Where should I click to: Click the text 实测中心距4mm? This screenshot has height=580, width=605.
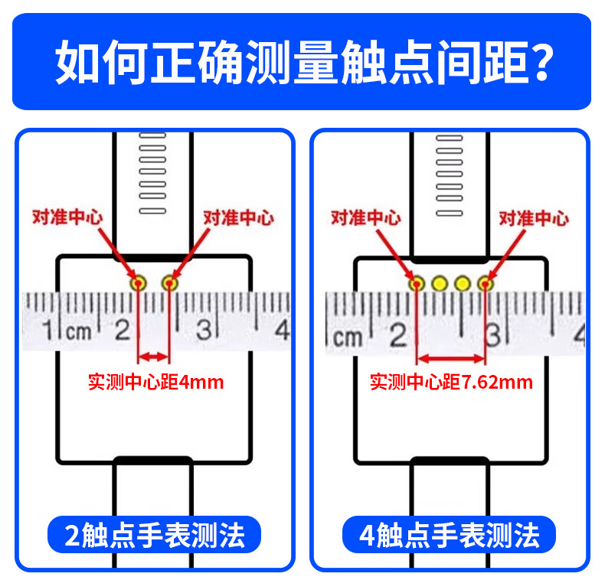156,380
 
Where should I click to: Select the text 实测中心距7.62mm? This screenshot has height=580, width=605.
451,381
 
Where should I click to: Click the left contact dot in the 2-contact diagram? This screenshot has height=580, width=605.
139,283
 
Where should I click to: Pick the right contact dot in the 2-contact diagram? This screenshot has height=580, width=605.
169,283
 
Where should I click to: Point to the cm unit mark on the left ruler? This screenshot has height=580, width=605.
78,332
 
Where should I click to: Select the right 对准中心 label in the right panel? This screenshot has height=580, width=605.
534,219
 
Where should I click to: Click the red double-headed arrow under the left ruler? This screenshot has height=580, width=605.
153,356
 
